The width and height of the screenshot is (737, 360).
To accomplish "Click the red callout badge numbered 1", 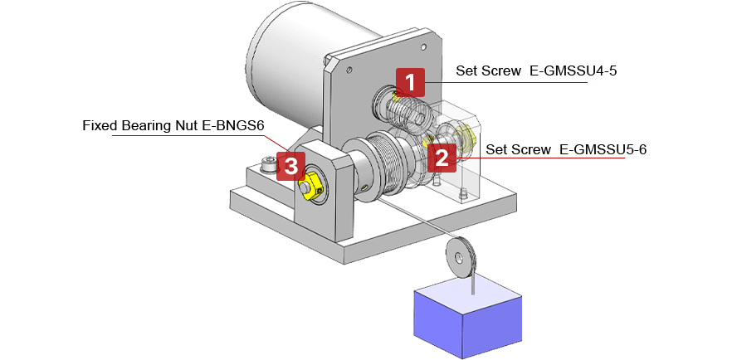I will (410, 81).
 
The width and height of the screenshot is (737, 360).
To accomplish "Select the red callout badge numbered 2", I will (442, 155).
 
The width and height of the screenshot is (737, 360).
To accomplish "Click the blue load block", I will (470, 319).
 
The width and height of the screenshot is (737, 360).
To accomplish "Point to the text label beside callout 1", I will (532, 71).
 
